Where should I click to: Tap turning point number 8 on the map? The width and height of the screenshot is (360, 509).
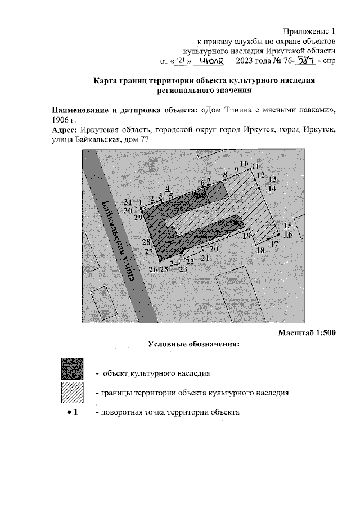pyautogui.click(x=225, y=175)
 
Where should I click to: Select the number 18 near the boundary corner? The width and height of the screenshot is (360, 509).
pyautogui.click(x=260, y=251)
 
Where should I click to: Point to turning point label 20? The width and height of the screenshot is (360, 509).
pyautogui.click(x=214, y=249)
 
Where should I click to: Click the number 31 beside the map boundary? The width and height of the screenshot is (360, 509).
pyautogui.click(x=128, y=202)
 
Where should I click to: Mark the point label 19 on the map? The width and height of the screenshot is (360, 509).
pyautogui.click(x=246, y=237)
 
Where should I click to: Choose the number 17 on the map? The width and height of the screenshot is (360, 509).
pyautogui.click(x=274, y=244)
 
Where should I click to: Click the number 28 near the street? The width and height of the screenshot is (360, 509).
pyautogui.click(x=146, y=242)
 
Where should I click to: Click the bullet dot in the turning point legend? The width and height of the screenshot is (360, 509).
pyautogui.click(x=67, y=412)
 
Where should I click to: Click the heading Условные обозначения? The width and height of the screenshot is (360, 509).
pyautogui.click(x=194, y=344)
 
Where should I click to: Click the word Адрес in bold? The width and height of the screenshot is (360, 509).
pyautogui.click(x=65, y=130)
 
